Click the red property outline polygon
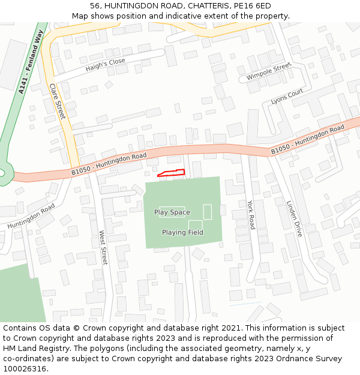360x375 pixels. tap(171, 173)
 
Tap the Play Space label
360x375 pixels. tap(172, 212)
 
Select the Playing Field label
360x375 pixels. tap(182, 232)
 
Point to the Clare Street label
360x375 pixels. tap(57, 101)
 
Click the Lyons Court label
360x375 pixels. tap(287, 97)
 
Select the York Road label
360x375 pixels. tap(251, 214)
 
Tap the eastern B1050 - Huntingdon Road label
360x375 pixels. tap(307, 140)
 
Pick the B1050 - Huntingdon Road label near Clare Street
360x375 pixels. tap(109, 164)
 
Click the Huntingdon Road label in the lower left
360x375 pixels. tap(31, 215)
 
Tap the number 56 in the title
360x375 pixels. tap(95, 6)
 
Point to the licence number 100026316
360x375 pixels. tap(25, 368)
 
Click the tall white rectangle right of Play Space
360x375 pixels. tap(208, 212)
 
